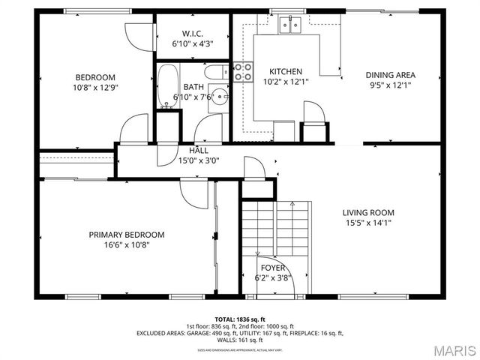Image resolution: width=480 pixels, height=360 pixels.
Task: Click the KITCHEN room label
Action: pyautogui.click(x=286, y=72)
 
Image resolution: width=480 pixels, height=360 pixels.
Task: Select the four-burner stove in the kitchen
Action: pyautogui.click(x=242, y=71)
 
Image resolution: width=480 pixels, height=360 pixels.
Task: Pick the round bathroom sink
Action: pyautogui.click(x=219, y=97)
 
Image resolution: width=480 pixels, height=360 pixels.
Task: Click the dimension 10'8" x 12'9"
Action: pyautogui.click(x=95, y=87)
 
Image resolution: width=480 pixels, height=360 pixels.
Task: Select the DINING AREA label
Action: pyautogui.click(x=390, y=75)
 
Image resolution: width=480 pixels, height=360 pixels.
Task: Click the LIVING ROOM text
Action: pyautogui.click(x=368, y=212)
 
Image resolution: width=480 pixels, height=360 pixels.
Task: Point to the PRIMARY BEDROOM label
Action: pyautogui.click(x=127, y=235)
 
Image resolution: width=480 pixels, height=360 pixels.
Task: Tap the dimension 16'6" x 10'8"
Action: pyautogui.click(x=127, y=244)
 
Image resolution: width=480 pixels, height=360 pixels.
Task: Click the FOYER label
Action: pyautogui.click(x=272, y=268)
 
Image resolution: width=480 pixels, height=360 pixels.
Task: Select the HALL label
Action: pyautogui.click(x=199, y=151)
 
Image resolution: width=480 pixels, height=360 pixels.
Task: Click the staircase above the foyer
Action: pyautogui.click(x=275, y=228)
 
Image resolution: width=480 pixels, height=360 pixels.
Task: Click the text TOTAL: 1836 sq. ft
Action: pyautogui.click(x=239, y=319)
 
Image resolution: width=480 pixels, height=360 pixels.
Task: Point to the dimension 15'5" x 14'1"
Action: pyautogui.click(x=368, y=222)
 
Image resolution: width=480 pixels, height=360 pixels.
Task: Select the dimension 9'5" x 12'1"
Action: pyautogui.click(x=390, y=85)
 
